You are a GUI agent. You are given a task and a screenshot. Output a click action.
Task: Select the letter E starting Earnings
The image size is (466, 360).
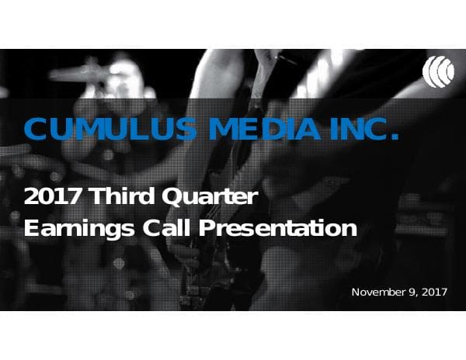pos(31,229)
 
